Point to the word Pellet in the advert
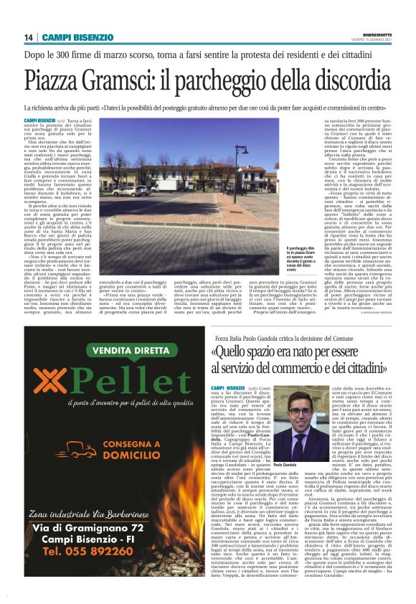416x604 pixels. click(129, 387)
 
